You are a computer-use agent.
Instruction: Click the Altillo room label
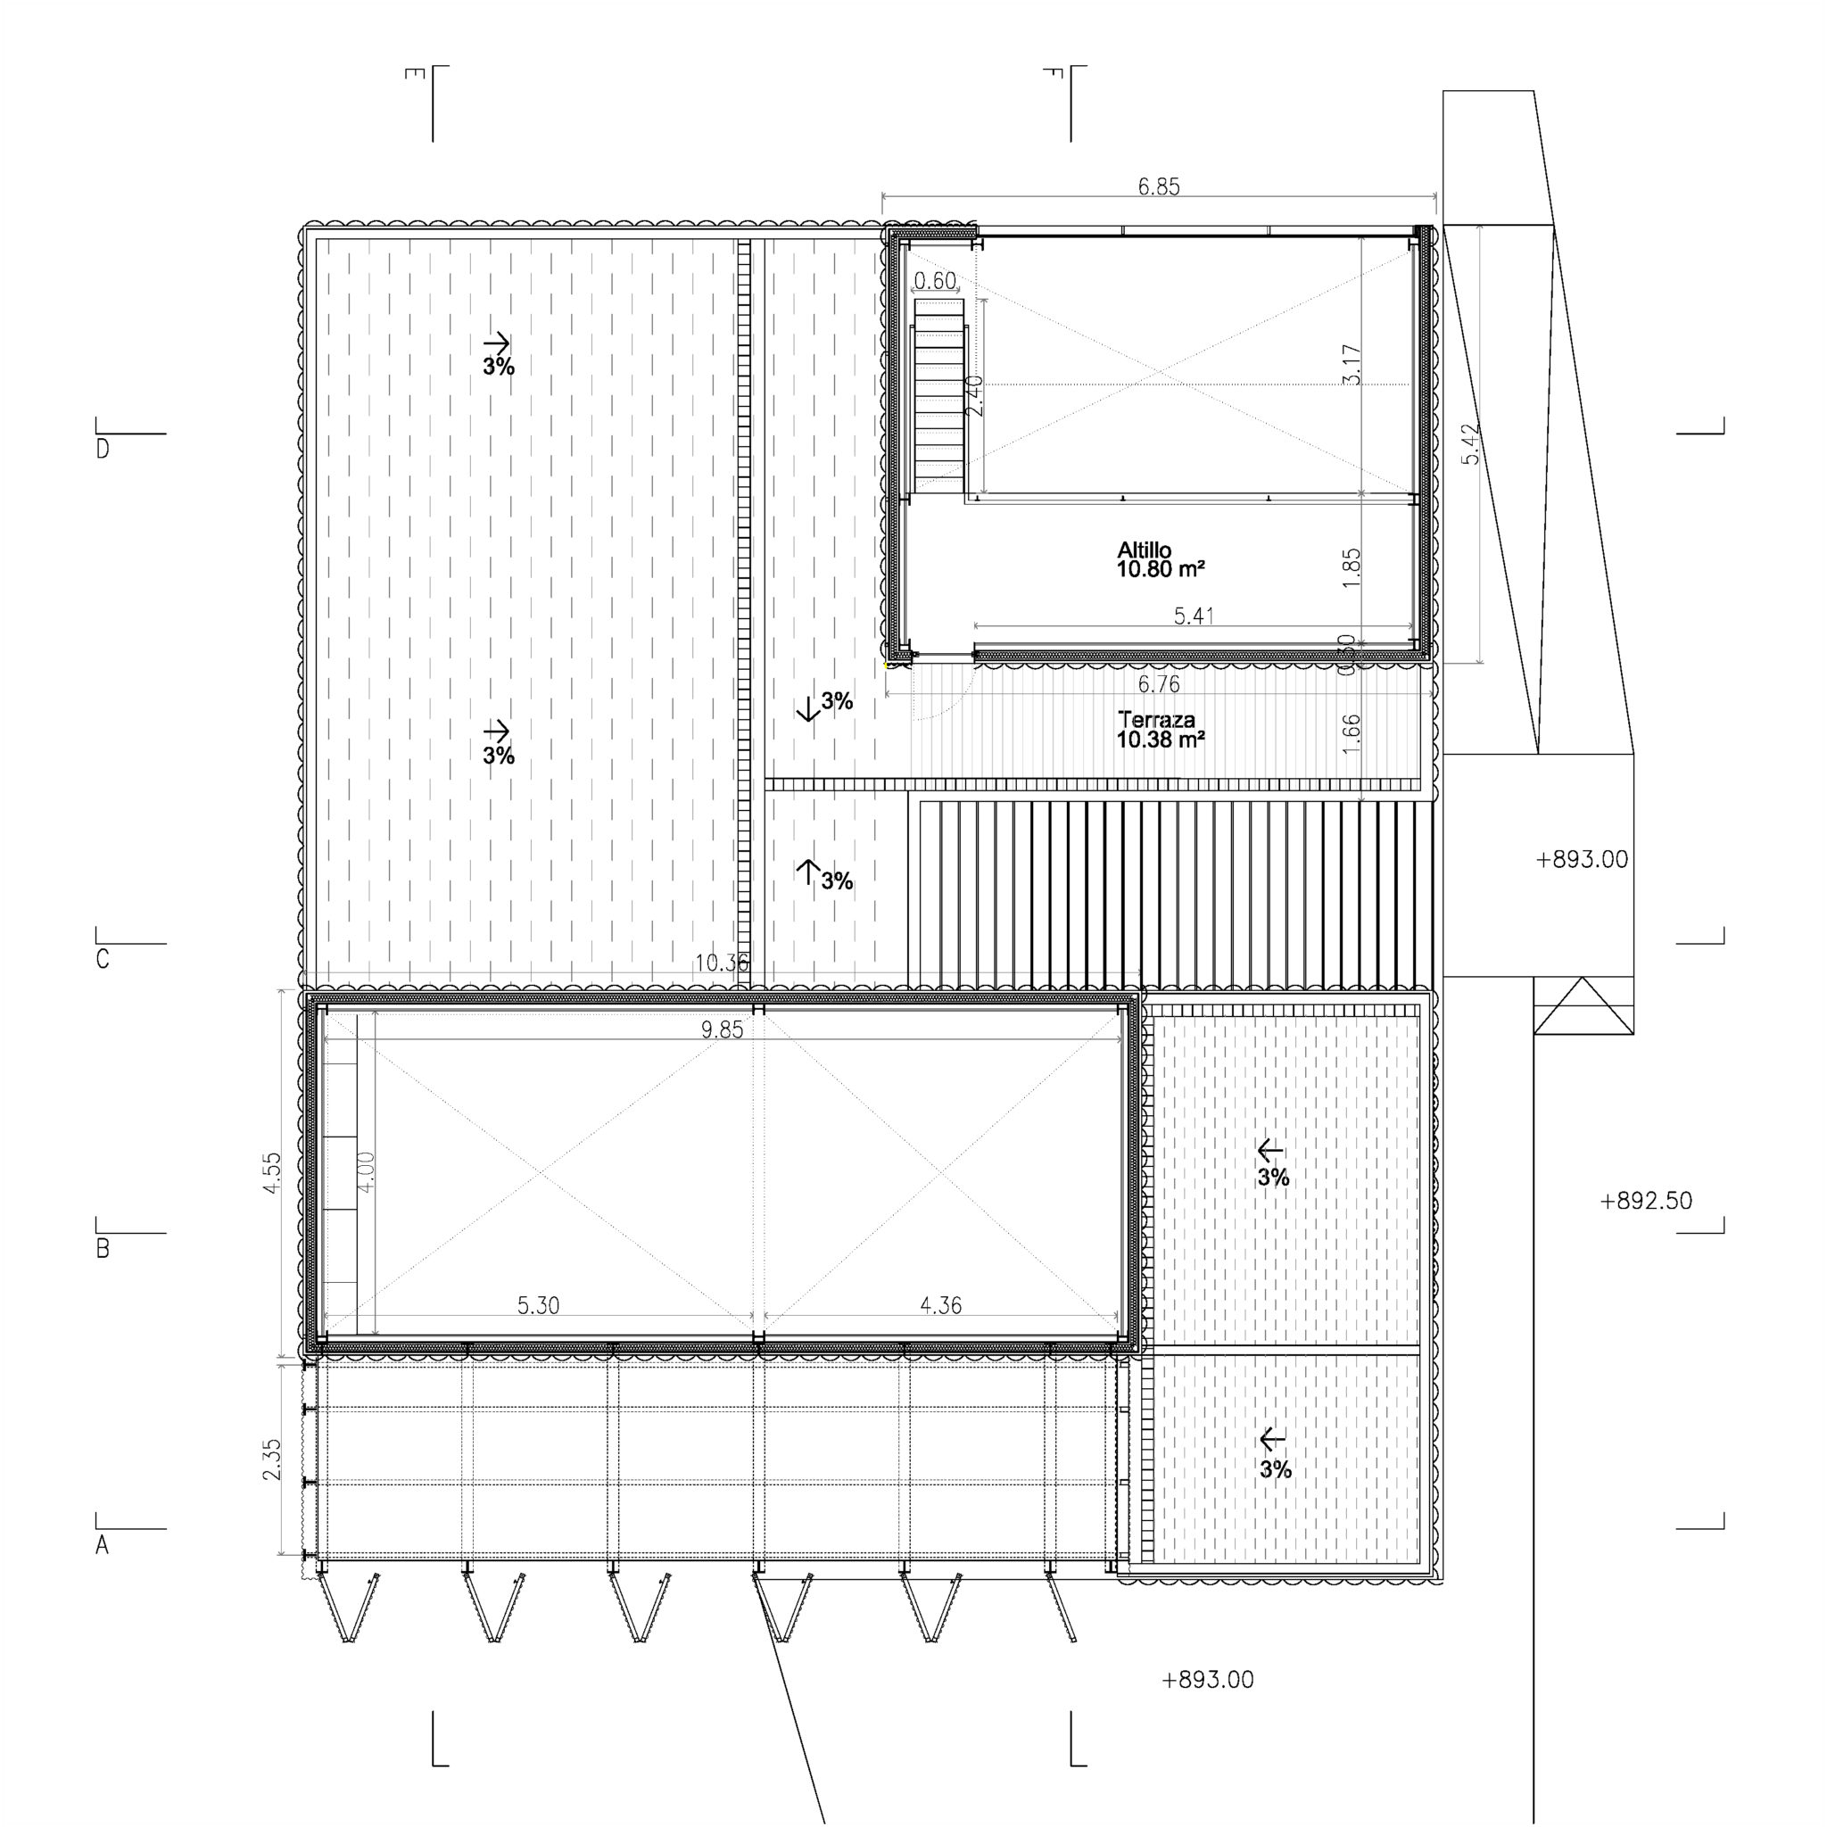1145,550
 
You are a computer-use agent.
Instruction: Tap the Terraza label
1143,719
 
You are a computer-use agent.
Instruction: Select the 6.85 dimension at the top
1159,186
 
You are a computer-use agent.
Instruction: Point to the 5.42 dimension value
1471,442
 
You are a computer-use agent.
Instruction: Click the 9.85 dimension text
722,1029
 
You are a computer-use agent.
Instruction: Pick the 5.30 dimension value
538,1306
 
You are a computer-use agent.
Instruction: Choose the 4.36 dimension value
940,1306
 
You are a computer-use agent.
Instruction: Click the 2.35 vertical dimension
272,1459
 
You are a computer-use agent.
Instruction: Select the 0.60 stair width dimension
935,281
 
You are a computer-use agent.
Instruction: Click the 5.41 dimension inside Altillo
1194,616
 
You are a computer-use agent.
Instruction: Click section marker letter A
102,1546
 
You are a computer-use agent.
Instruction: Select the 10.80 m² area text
1161,569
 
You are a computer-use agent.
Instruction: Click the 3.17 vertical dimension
1352,364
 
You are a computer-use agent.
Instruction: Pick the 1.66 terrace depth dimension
1352,733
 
